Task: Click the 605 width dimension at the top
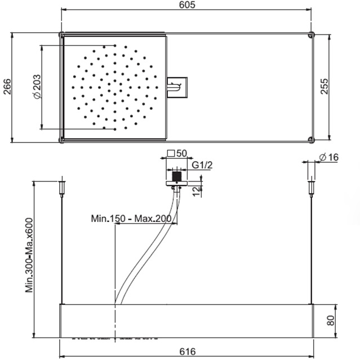point(187,5)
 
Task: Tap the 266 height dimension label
point(7,87)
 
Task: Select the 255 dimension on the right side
point(325,86)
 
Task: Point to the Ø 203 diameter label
point(37,87)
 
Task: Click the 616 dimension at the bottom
point(188,352)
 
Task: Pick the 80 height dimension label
point(330,321)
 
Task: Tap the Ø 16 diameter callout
point(329,157)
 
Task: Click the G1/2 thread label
point(202,165)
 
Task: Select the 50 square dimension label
point(181,153)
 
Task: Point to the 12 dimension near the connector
point(197,191)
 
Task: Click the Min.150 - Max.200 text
point(131,219)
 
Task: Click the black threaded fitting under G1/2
point(177,176)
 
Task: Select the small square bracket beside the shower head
point(177,87)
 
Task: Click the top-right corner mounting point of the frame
point(311,35)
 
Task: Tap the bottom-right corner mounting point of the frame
point(311,139)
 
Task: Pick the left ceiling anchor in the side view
point(62,188)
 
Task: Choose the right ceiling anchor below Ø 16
point(311,188)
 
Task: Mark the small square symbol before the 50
point(171,153)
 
